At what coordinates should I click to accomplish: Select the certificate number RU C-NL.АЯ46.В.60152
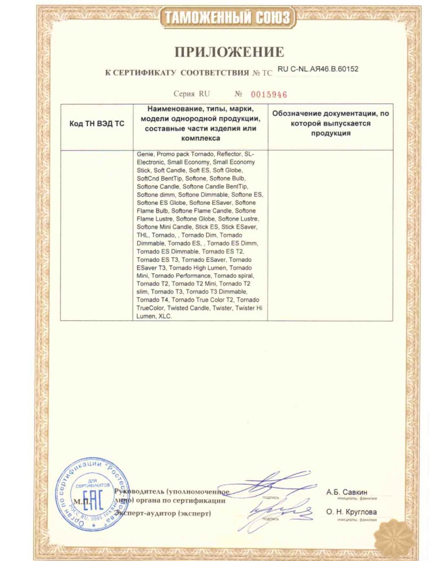click(x=318, y=70)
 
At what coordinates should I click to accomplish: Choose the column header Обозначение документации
click(x=330, y=123)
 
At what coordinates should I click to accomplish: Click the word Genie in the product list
click(x=144, y=154)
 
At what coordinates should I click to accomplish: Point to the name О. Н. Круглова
click(x=351, y=512)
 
